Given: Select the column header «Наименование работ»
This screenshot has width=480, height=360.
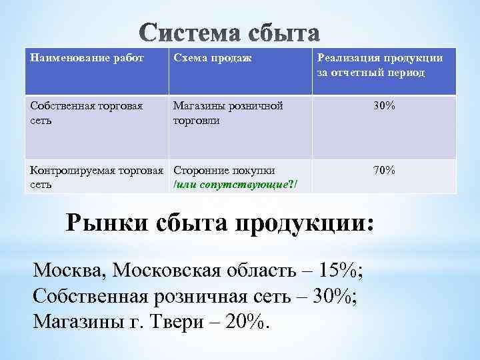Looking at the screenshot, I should pos(77,59).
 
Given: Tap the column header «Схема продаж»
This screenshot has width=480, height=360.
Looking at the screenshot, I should pos(212,59).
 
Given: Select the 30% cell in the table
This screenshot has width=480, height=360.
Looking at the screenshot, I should pos(384,105).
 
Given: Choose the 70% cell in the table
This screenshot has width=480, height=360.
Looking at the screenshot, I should pos(384,171).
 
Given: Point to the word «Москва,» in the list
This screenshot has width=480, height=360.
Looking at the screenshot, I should pos(69,271).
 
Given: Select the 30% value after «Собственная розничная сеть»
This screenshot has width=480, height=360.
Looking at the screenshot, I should pos(334,297).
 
